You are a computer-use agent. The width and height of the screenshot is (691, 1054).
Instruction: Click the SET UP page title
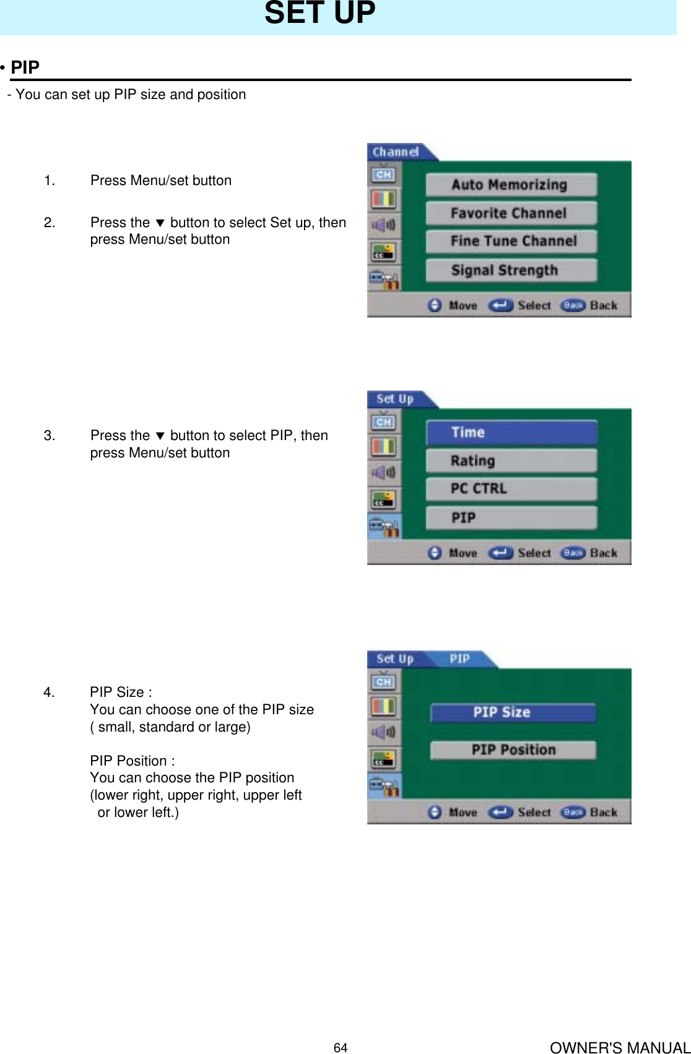click(319, 14)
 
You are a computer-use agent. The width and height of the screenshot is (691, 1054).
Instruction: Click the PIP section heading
click(25, 67)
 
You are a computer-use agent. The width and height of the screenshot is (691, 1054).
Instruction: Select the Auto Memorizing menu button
click(511, 184)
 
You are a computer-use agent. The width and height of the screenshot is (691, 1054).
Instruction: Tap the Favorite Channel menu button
click(511, 213)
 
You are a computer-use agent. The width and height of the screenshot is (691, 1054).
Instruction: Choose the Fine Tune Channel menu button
click(511, 241)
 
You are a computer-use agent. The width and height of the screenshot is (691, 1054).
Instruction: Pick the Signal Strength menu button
click(511, 270)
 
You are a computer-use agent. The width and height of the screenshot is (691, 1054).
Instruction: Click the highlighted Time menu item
click(511, 432)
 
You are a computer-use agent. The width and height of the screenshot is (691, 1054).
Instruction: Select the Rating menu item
click(511, 460)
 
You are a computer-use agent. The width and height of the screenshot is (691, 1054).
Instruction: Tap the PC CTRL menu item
click(511, 489)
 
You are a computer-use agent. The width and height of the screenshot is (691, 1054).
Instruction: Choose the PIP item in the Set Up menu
click(511, 517)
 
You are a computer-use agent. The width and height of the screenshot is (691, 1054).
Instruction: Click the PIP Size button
click(512, 712)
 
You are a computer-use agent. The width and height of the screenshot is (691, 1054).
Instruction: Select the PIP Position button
click(512, 750)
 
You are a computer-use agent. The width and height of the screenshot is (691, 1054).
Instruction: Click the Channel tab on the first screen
click(395, 152)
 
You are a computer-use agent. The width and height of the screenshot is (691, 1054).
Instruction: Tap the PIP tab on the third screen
click(460, 659)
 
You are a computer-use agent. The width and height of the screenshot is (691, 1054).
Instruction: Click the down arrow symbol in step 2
click(160, 223)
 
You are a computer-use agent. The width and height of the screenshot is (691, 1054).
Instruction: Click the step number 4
click(49, 692)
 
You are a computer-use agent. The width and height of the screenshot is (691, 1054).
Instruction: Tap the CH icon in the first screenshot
click(383, 175)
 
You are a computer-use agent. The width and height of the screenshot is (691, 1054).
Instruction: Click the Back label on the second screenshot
click(603, 553)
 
